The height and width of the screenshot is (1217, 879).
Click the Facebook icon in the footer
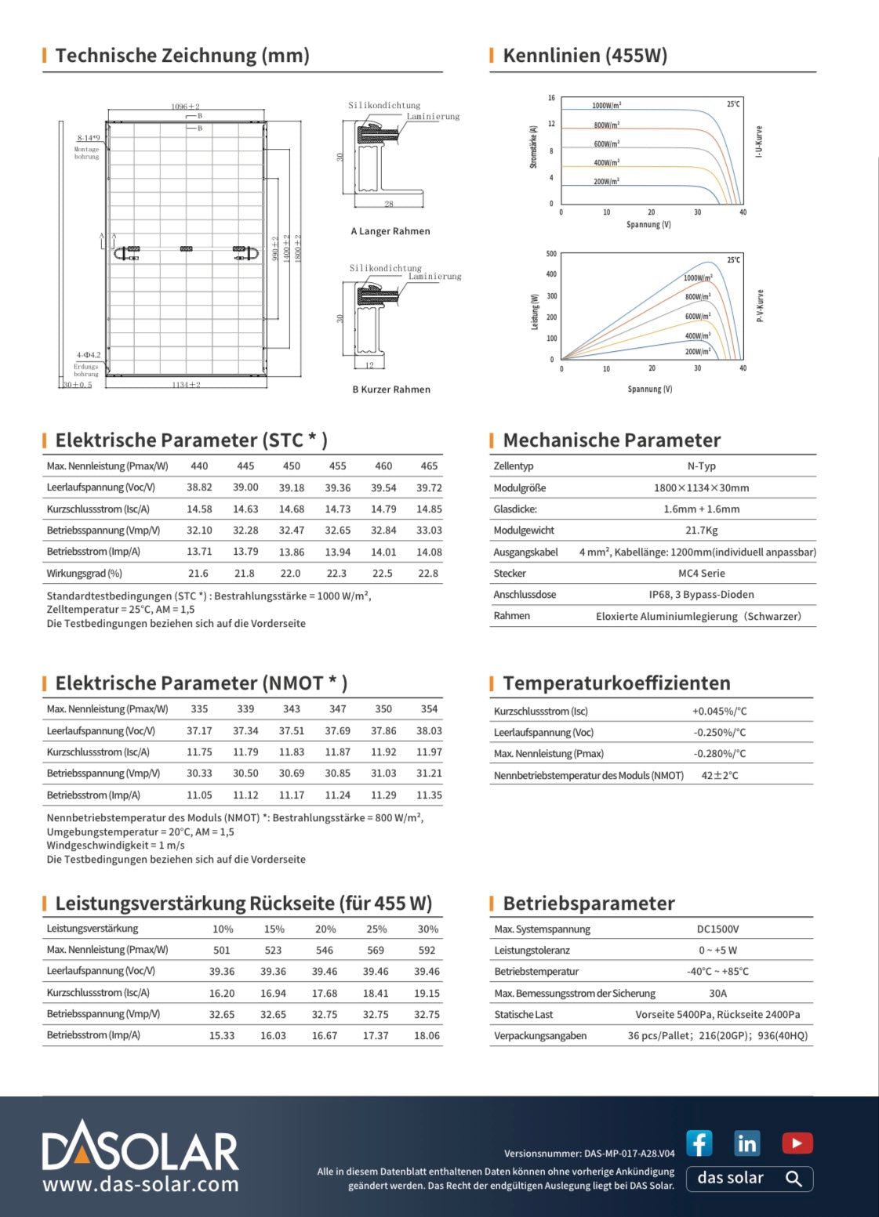tap(699, 1143)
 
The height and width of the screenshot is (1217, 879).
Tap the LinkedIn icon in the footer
tap(746, 1143)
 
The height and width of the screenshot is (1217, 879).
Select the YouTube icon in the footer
tap(797, 1143)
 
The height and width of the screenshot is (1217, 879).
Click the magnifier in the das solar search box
tap(794, 1179)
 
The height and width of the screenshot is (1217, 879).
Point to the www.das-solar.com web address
tap(140, 1184)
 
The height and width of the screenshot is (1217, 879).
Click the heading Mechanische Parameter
tap(612, 440)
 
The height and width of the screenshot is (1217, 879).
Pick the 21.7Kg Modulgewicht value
tap(701, 531)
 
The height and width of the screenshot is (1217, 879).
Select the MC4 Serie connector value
tap(701, 574)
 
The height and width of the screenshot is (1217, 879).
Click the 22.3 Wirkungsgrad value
tap(337, 574)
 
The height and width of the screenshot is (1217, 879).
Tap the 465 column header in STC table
tap(429, 466)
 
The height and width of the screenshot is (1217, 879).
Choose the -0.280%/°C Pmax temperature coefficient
tap(719, 754)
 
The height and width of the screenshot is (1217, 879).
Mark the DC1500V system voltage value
tap(717, 929)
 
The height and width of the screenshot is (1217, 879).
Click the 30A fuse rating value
tap(717, 994)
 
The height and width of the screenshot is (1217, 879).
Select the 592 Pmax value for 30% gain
tap(427, 951)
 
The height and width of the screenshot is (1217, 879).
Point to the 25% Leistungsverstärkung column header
tap(376, 929)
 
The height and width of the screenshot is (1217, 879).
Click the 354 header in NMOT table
tap(429, 709)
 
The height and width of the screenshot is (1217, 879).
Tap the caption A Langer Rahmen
tap(390, 231)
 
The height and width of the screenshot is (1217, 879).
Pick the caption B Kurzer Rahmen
tap(391, 389)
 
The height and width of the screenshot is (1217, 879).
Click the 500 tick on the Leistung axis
tap(551, 254)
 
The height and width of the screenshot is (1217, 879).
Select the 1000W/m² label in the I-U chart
tap(606, 106)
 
